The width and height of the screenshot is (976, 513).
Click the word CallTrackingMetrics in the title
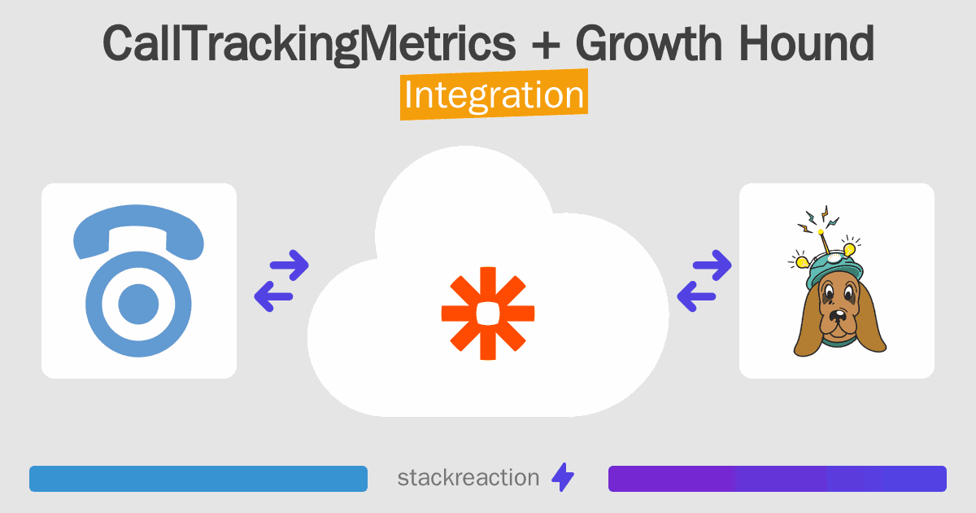[x=309, y=45]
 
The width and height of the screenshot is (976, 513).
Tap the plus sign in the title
[x=546, y=45]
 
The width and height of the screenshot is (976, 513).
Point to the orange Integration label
[x=495, y=94]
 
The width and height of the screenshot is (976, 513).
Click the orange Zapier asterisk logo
[x=488, y=313]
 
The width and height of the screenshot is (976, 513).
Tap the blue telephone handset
[x=138, y=231]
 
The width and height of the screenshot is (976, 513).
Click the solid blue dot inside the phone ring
[x=138, y=304]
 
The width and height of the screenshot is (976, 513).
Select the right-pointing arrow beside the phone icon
[x=290, y=265]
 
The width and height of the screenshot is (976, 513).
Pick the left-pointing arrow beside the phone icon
[x=273, y=296]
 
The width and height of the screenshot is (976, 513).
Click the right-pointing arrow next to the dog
[x=712, y=265]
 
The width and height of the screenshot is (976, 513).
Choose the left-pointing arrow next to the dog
[x=696, y=296]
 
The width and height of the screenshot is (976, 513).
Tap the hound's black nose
[x=838, y=316]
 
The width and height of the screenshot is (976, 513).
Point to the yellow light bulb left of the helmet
[x=802, y=261]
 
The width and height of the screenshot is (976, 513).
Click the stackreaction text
[x=468, y=477]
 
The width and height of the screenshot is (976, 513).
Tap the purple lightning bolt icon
[x=563, y=477]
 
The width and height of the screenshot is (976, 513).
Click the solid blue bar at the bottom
[x=198, y=479]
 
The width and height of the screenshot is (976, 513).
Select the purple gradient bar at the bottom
[x=778, y=479]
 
